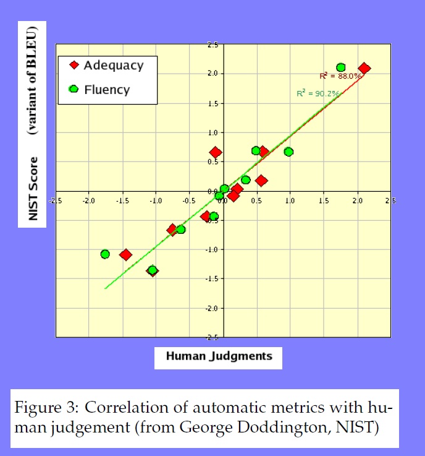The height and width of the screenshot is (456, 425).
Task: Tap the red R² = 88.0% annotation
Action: click(x=340, y=76)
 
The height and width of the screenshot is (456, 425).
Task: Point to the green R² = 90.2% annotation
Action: click(x=317, y=93)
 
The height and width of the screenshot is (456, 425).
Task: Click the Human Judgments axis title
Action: click(x=219, y=356)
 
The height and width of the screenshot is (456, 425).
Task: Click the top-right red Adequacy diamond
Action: click(x=364, y=69)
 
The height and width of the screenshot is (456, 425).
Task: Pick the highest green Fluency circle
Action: click(x=340, y=67)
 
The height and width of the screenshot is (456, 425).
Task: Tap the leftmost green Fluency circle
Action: click(x=105, y=254)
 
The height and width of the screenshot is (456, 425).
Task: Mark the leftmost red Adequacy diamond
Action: click(x=125, y=255)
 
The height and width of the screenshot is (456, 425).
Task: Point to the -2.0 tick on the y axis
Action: click(x=211, y=308)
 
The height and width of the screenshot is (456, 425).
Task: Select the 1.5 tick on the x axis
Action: click(x=323, y=201)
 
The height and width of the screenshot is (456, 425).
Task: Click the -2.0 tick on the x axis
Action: click(x=89, y=201)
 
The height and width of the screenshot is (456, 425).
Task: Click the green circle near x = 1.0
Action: click(x=288, y=152)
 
